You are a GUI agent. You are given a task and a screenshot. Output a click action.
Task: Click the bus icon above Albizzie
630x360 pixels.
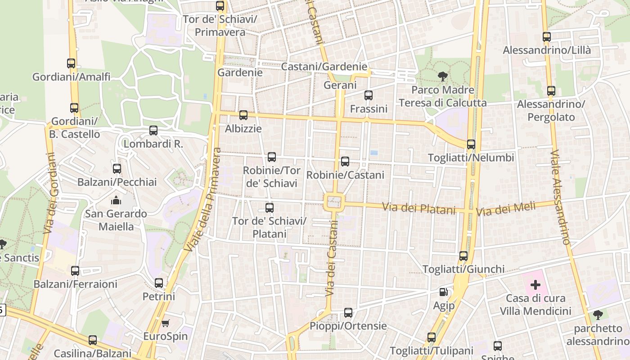pyautogui.click(x=243, y=115)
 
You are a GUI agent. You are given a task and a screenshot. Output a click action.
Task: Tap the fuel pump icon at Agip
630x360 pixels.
pyautogui.click(x=444, y=292)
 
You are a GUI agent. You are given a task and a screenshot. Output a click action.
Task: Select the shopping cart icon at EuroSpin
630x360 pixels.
pyautogui.click(x=165, y=323)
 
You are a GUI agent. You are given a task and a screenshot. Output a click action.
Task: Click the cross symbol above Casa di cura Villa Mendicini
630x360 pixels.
pyautogui.click(x=535, y=285)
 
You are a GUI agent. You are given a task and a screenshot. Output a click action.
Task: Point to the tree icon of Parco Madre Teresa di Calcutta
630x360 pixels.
pyautogui.click(x=443, y=76)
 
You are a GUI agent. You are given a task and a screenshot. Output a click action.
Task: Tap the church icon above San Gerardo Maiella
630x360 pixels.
pyautogui.click(x=116, y=200)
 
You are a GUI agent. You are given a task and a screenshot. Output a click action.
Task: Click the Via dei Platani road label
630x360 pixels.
pyautogui.click(x=418, y=208)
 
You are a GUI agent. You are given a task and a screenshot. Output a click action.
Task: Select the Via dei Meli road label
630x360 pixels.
pyautogui.click(x=506, y=208)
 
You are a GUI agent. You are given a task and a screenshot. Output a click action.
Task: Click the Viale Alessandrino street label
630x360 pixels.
pyautogui.click(x=560, y=197)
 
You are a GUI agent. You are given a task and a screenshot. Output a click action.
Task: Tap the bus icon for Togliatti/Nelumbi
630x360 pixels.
pyautogui.click(x=471, y=144)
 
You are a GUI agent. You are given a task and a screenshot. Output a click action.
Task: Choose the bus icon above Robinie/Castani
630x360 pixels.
pyautogui.click(x=345, y=162)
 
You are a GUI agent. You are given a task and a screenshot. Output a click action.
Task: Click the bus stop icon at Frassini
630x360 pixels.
pyautogui.click(x=369, y=95)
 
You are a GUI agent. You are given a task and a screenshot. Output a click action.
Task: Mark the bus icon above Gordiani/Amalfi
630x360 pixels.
pyautogui.click(x=71, y=63)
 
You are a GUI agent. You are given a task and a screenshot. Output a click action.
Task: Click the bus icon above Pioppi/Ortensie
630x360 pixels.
pyautogui.click(x=348, y=313)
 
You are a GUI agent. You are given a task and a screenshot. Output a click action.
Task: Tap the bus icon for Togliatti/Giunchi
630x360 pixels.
pyautogui.click(x=463, y=256)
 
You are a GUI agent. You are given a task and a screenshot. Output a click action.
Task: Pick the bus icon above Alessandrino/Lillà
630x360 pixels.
pyautogui.click(x=547, y=37)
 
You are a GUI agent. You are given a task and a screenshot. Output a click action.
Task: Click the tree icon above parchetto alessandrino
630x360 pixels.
pyautogui.click(x=598, y=315)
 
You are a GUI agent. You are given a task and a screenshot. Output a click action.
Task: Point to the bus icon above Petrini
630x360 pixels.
pyautogui.click(x=159, y=283)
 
